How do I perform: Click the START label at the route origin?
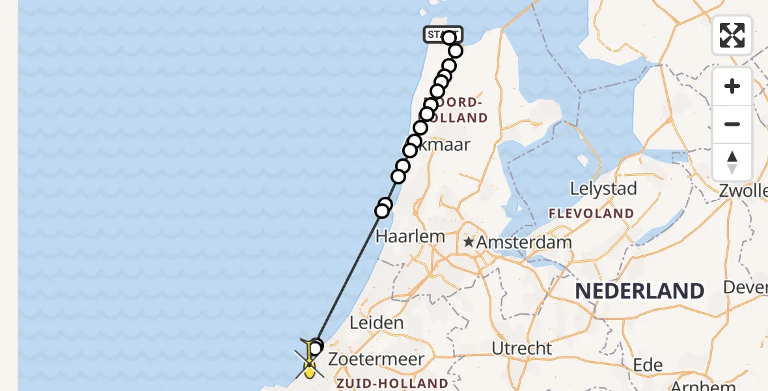(x=443, y=34)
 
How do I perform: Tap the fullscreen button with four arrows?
(x=732, y=35)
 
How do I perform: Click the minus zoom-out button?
(x=732, y=124)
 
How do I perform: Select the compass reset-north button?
(x=732, y=162)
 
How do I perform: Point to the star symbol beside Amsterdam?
(x=469, y=242)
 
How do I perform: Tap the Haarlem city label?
(x=410, y=236)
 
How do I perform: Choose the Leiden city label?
(x=376, y=322)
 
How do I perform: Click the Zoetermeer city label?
(x=376, y=359)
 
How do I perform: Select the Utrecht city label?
(x=522, y=348)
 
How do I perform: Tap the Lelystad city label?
(x=603, y=189)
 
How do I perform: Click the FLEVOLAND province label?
(x=591, y=213)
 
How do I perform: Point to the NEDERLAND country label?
(x=640, y=291)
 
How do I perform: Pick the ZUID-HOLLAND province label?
(x=392, y=383)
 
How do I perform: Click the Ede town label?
(x=650, y=364)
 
